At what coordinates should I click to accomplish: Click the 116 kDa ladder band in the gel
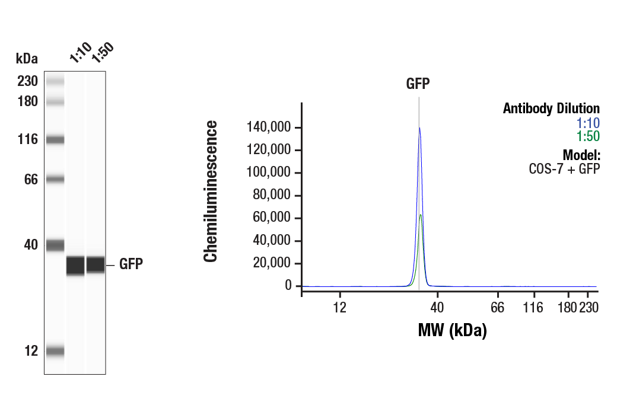[55, 140]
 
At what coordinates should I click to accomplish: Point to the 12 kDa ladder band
[55, 351]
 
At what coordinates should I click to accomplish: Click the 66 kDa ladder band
[55, 179]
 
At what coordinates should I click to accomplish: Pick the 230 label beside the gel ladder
[27, 81]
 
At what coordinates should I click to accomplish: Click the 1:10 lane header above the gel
[80, 53]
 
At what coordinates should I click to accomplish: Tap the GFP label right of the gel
[131, 264]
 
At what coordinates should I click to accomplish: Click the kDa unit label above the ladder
[27, 59]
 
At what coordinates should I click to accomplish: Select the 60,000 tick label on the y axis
[272, 218]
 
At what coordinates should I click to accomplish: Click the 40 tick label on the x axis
[437, 307]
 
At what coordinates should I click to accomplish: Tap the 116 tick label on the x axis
[534, 307]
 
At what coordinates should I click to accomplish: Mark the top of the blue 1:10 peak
[419, 128]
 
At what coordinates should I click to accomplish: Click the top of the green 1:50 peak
[421, 215]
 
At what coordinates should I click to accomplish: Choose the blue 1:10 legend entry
[588, 123]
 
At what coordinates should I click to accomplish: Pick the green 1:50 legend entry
[588, 136]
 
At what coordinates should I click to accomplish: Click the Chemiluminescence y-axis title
[211, 191]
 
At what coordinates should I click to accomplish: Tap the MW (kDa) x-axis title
[452, 330]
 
